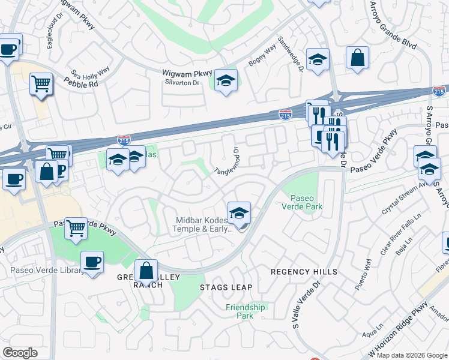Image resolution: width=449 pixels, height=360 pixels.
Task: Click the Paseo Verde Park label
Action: (x=306, y=202)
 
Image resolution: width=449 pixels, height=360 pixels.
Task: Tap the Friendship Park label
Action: (x=245, y=311)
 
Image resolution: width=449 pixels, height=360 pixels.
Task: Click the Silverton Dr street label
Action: (x=182, y=82)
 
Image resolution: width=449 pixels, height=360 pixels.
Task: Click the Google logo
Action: (x=20, y=353)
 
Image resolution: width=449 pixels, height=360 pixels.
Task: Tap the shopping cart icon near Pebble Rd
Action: (x=41, y=84)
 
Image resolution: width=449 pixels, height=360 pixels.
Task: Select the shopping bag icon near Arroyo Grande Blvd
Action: (x=357, y=58)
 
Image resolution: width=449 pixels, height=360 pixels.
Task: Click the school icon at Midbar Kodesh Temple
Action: (x=239, y=213)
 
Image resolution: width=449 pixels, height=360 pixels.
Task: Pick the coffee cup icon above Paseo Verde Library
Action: (x=91, y=262)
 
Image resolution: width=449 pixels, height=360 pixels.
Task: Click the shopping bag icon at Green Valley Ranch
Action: (x=146, y=271)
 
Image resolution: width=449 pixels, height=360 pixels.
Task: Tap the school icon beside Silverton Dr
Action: (x=226, y=81)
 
